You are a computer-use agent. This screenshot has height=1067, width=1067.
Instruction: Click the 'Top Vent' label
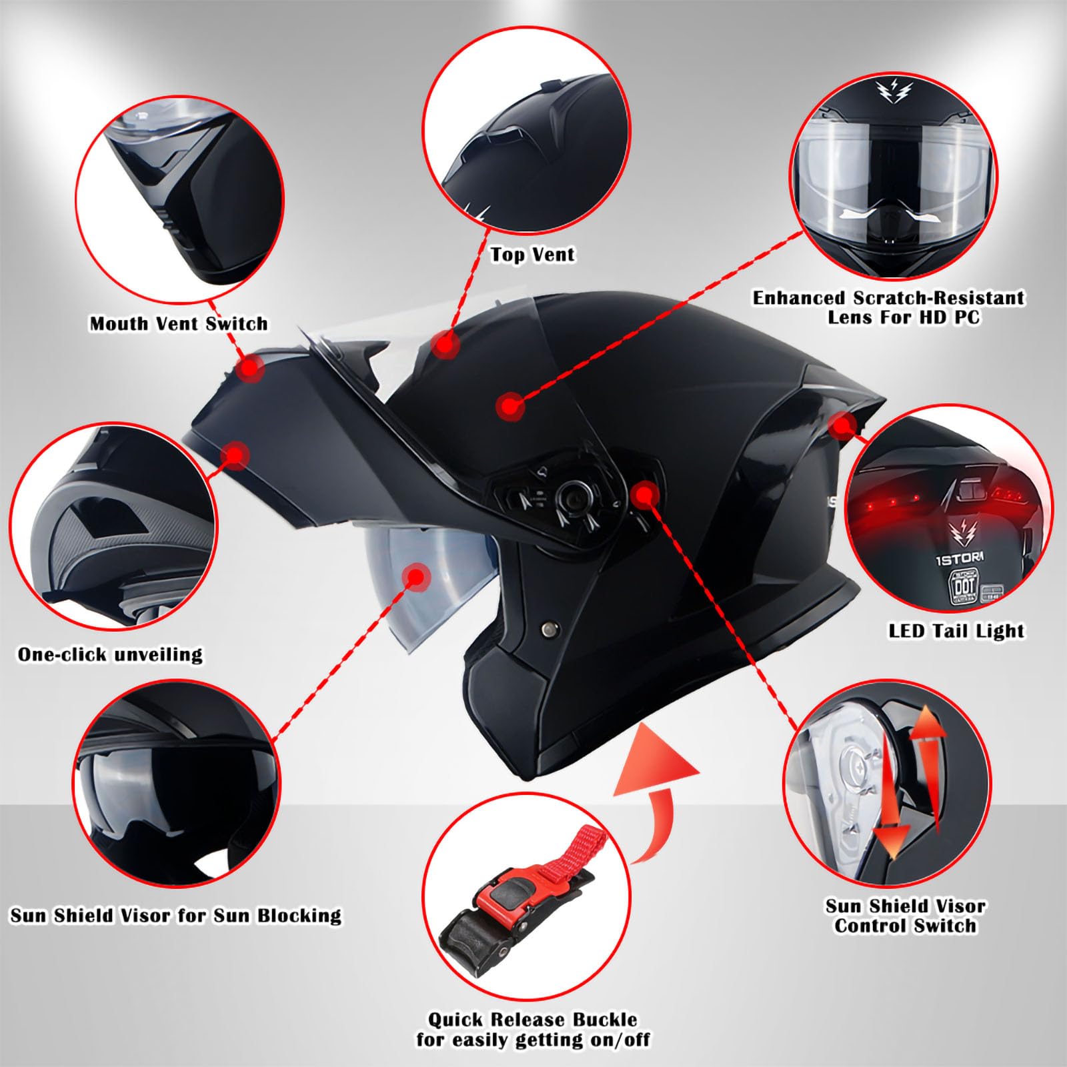click(532, 254)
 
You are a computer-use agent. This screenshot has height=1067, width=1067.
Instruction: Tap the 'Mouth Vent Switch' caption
click(179, 324)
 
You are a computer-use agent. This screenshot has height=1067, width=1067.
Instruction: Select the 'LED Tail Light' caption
click(956, 631)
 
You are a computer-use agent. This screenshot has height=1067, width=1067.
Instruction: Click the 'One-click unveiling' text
click(110, 654)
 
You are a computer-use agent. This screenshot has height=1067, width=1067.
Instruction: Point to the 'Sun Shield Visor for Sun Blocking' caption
click(175, 915)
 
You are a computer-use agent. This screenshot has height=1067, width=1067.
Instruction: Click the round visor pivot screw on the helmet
click(568, 495)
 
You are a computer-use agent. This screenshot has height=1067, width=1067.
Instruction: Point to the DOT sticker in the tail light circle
click(965, 588)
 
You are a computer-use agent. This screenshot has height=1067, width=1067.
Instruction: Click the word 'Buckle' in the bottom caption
click(596, 1020)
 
